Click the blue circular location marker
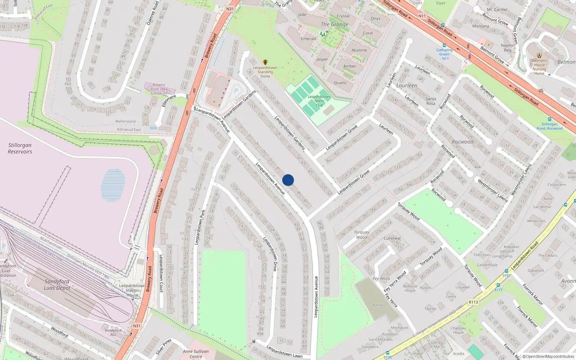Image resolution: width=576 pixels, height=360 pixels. (288, 180)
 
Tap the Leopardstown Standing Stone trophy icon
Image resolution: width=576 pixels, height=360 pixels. (265, 62)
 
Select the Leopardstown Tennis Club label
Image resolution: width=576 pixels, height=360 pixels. (319, 101)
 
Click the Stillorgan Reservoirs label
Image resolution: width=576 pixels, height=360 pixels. (20, 148)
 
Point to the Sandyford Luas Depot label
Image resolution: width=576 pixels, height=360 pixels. (57, 284)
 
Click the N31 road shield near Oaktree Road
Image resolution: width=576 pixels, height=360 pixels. (230, 9)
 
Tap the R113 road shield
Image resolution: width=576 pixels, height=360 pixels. (473, 302)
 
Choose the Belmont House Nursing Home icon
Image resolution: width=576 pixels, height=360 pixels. (539, 55)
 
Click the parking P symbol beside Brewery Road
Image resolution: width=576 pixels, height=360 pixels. (236, 91)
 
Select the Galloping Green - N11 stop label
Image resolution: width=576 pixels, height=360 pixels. (444, 54)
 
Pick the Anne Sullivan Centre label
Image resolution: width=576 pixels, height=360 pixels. (196, 354)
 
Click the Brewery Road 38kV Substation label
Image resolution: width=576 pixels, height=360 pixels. (159, 89)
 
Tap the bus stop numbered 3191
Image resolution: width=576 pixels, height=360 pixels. (506, 271)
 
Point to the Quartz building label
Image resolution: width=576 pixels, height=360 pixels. (340, 83)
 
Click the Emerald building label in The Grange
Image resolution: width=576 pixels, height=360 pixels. (309, 39)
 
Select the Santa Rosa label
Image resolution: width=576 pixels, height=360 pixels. (431, 101)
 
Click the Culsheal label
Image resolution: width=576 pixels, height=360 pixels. (392, 238)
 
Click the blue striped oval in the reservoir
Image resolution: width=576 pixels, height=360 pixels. (113, 185)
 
